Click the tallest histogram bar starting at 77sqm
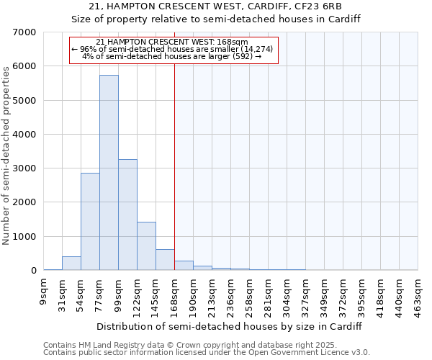(x=109, y=173)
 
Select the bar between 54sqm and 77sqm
(x=90, y=222)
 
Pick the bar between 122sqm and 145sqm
(x=146, y=246)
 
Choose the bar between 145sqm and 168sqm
(x=165, y=260)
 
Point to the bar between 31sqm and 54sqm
(x=71, y=264)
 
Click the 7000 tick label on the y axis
(x=24, y=32)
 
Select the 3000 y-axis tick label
(x=24, y=168)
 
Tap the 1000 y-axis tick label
(x=24, y=237)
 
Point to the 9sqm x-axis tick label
(x=44, y=292)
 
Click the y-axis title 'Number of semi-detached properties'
(x=7, y=155)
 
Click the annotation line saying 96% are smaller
(x=173, y=49)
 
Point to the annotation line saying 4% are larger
(x=173, y=56)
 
